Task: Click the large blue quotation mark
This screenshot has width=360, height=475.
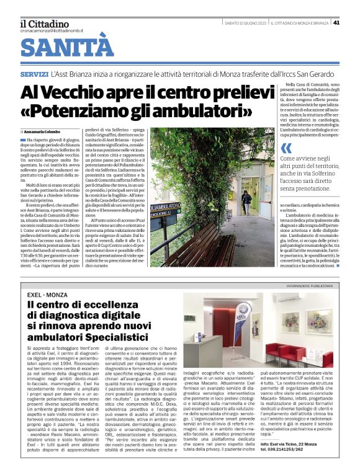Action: [286, 148]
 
